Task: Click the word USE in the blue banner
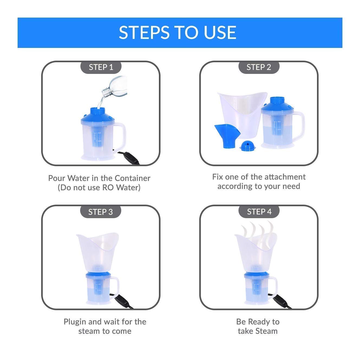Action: (x=220, y=32)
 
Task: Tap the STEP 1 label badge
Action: (x=101, y=67)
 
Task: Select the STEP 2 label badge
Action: (x=259, y=67)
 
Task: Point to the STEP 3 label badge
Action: (x=100, y=212)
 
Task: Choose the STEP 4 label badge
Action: (x=259, y=212)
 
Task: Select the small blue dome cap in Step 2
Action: (x=247, y=146)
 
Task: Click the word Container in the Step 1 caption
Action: (x=132, y=178)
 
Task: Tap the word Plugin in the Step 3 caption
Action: (x=75, y=322)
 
